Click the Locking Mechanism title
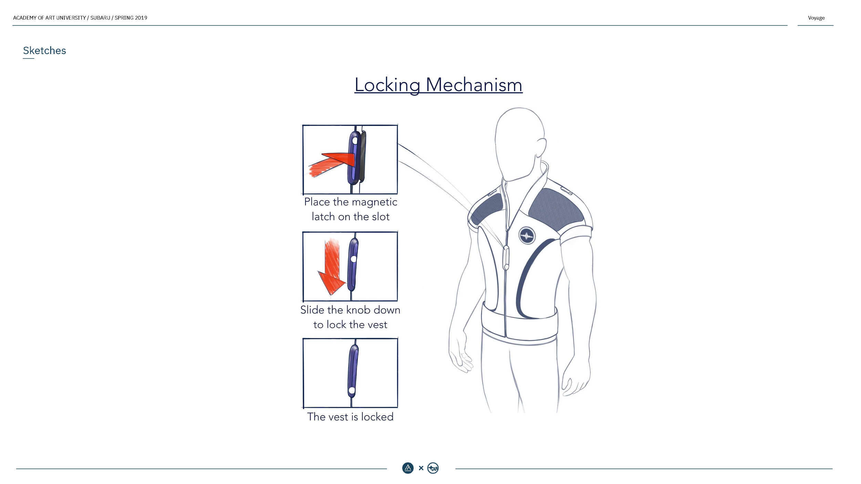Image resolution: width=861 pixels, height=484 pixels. tap(438, 85)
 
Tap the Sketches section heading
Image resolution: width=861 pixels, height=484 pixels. tap(44, 51)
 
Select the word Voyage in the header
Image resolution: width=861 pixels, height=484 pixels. tap(816, 18)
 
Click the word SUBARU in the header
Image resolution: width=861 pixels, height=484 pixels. tap(100, 18)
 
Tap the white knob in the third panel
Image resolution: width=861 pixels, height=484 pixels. tap(352, 390)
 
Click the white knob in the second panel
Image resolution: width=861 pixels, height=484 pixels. tap(353, 259)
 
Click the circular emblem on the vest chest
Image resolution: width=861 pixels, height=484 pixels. tap(527, 236)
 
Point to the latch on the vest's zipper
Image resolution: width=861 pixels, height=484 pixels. tap(506, 257)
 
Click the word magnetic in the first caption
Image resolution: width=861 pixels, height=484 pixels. tap(374, 202)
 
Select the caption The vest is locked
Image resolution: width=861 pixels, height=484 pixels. tap(350, 417)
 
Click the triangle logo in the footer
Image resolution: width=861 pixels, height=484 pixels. tap(408, 468)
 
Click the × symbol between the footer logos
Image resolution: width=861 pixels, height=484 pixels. tap(421, 468)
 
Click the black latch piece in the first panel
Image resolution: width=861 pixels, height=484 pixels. tap(362, 157)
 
